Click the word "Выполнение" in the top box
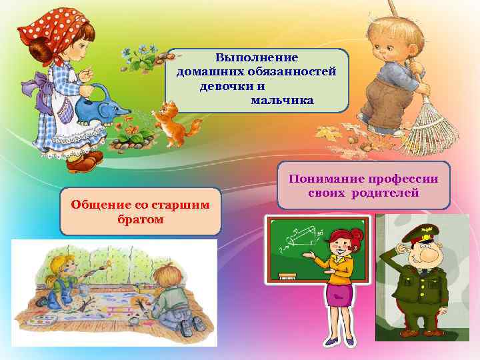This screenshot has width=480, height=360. (257, 59)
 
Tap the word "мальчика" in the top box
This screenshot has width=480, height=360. (282, 100)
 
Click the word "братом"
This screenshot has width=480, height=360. (140, 219)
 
